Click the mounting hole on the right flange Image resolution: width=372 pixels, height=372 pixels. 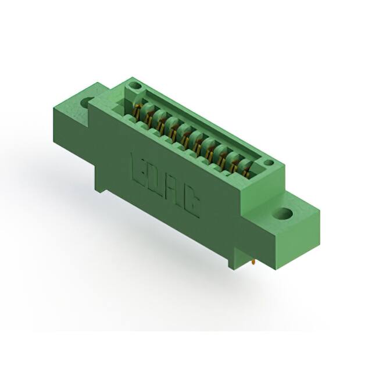coord(285,213)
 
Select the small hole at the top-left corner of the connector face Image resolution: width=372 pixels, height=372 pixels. coord(135,86)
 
